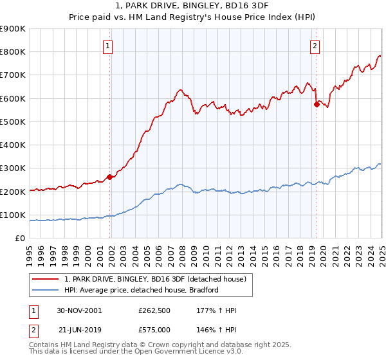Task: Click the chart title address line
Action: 192,6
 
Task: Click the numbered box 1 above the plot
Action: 107,46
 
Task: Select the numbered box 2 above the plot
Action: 315,46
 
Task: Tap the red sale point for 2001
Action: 109,177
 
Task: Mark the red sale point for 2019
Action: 316,104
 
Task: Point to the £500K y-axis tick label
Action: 13,122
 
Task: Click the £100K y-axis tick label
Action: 13,215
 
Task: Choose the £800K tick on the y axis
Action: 13,51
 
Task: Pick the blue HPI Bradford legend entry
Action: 142,290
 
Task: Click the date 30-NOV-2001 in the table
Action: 80,310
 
